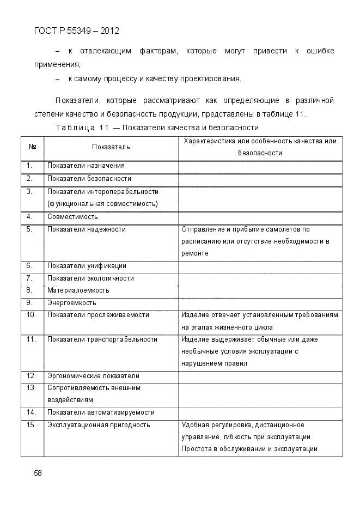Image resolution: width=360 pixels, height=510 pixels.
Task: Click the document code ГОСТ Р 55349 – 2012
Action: [x=76, y=31]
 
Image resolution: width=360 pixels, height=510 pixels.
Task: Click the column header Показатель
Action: [x=111, y=147]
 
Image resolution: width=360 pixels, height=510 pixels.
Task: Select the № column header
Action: [x=32, y=147]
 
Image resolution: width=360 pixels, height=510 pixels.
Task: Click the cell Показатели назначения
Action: [x=86, y=166]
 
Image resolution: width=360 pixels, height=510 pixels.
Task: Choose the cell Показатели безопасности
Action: [x=89, y=179]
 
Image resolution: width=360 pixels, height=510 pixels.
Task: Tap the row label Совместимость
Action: [x=72, y=216]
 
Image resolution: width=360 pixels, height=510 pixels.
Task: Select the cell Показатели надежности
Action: [x=86, y=229]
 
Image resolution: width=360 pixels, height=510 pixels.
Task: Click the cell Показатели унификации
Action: [x=87, y=266]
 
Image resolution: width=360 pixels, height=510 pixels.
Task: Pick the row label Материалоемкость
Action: [x=78, y=290]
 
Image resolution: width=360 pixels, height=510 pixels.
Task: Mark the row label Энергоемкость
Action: [x=71, y=302]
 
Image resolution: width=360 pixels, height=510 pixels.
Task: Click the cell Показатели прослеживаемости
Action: [x=98, y=315]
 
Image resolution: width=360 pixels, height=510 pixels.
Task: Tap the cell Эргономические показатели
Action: [x=93, y=376]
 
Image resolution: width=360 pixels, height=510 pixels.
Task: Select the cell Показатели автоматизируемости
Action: [x=101, y=412]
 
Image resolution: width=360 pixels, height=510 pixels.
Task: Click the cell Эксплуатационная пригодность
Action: [x=99, y=425]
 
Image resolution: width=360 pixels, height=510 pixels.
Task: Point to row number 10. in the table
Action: [x=31, y=315]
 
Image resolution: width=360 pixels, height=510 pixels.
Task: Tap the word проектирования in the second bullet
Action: [x=211, y=79]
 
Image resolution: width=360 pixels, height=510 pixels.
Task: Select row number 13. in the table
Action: [x=31, y=388]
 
